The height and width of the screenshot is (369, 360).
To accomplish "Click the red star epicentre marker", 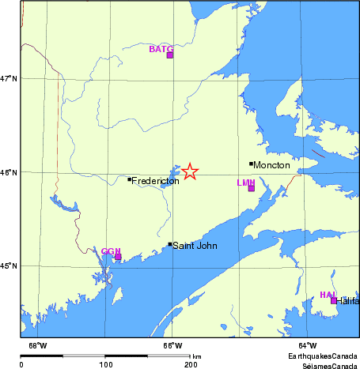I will [x=190, y=171].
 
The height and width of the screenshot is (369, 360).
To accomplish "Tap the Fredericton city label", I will [x=155, y=181].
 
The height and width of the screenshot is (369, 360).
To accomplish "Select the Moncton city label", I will [x=271, y=165].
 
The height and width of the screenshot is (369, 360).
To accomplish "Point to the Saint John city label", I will [x=195, y=246].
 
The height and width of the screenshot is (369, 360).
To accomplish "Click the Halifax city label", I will [x=348, y=301].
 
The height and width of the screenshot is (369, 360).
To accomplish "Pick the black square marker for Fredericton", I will [x=130, y=179].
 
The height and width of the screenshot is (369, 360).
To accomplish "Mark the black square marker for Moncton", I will [x=251, y=164].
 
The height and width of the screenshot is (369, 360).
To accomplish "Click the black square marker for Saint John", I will [x=170, y=244].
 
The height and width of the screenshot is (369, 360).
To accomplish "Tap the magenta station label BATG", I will [x=161, y=49].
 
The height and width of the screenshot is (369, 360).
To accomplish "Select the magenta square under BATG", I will [x=169, y=55].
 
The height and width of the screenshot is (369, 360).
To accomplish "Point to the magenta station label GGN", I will [x=110, y=251].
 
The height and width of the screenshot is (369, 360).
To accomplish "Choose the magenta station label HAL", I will [x=328, y=295].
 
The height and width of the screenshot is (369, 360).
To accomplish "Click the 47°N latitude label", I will [x=9, y=78].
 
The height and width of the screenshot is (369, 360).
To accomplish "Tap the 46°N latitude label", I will [x=9, y=172].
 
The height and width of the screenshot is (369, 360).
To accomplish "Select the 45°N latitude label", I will [x=9, y=266].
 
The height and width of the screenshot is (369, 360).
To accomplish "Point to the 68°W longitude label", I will [x=37, y=345].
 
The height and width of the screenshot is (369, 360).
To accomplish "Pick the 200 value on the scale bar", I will [x=191, y=364].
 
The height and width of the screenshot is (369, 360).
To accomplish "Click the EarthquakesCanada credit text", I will [x=322, y=356].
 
